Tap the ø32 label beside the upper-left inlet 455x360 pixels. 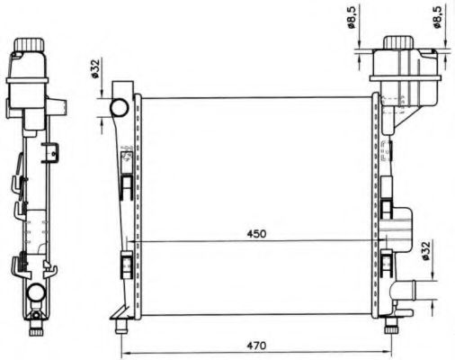[x=96, y=68]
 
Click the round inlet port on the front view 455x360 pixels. [x=120, y=107]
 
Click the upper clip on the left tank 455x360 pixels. [x=127, y=184]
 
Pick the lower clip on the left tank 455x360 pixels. [x=126, y=266]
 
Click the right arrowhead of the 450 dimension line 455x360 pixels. [x=370, y=243]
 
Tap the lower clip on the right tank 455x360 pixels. [x=387, y=264]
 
